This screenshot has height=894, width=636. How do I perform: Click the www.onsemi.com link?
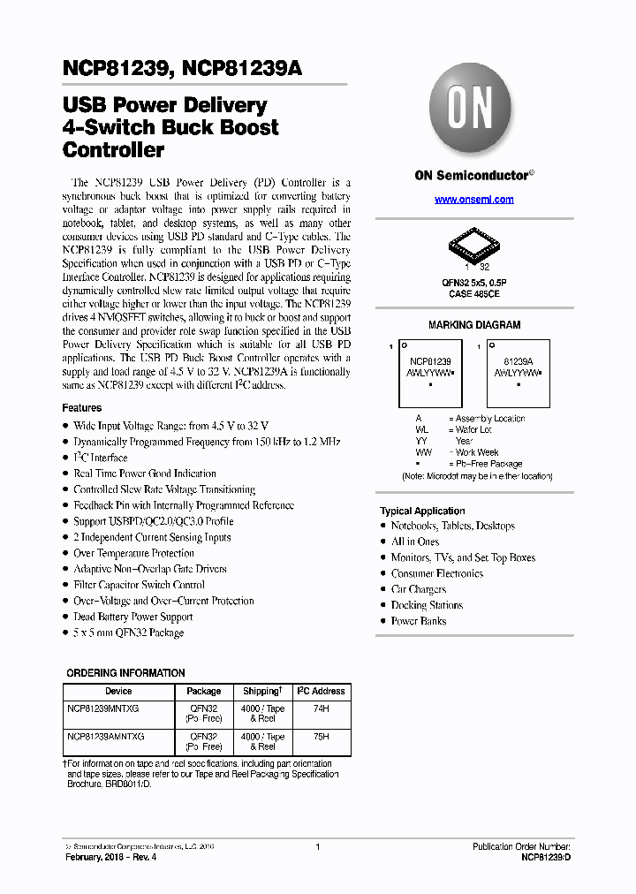[473, 200]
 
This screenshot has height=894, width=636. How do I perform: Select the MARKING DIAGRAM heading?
[474, 325]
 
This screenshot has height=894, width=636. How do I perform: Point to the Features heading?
[81, 408]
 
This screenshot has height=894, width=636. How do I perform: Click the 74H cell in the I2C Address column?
[321, 708]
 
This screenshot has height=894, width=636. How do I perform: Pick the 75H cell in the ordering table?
[321, 736]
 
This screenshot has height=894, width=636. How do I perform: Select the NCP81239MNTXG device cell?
[102, 708]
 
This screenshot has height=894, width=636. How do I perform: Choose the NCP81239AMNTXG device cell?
[105, 736]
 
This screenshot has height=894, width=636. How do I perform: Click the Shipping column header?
[262, 691]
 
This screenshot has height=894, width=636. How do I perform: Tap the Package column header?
[204, 691]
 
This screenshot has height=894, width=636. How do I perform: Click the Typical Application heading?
[422, 511]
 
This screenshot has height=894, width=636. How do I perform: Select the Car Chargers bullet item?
[419, 589]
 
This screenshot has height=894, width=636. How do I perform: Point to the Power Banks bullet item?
[419, 621]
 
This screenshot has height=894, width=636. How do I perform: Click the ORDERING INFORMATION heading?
[125, 673]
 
